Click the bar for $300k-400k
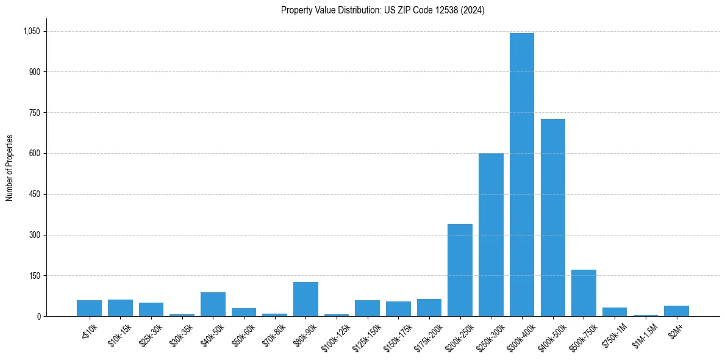521,175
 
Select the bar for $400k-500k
552,217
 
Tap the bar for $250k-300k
491,234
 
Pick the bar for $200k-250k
460,270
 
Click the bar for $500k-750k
584,293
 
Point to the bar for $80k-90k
305,299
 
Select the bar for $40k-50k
213,304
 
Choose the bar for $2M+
676,311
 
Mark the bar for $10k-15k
120,308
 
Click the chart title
382,10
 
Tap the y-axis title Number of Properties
10,168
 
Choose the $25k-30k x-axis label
151,335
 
